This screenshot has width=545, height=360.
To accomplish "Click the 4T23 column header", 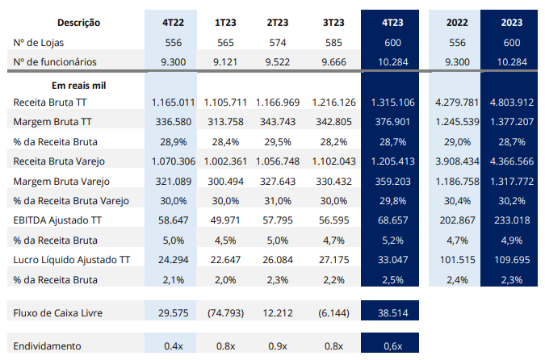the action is [392, 23].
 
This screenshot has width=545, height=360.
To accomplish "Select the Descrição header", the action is [78, 23].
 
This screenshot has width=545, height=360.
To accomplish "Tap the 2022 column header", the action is [457, 23].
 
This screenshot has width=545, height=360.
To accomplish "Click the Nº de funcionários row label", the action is [55, 62].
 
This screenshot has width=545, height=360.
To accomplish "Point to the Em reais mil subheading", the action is [78, 86].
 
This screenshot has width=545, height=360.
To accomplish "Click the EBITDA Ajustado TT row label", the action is [57, 220].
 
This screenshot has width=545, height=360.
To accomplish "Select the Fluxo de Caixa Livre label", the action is [57, 312].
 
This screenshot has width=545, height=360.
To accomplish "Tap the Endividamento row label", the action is [47, 346].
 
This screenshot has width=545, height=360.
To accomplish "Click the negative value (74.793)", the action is [225, 312].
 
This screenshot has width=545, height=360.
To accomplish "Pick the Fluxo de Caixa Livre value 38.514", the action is [392, 312].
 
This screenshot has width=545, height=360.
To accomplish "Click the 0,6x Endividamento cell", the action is [392, 346].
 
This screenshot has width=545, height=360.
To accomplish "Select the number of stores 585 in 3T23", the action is [333, 43].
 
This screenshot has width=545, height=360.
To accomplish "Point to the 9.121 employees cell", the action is [225, 62].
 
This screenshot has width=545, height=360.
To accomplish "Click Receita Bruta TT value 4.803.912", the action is [512, 103].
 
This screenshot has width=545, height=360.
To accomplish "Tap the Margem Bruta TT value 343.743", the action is [278, 122].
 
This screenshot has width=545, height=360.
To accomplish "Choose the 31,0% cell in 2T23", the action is [278, 201].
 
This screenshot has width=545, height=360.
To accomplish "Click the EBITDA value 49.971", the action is [225, 220].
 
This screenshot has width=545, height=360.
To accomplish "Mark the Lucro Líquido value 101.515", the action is [457, 260].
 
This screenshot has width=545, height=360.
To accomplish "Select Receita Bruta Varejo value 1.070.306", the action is [173, 161].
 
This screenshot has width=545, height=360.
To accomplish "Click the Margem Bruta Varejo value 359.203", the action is [392, 182].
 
